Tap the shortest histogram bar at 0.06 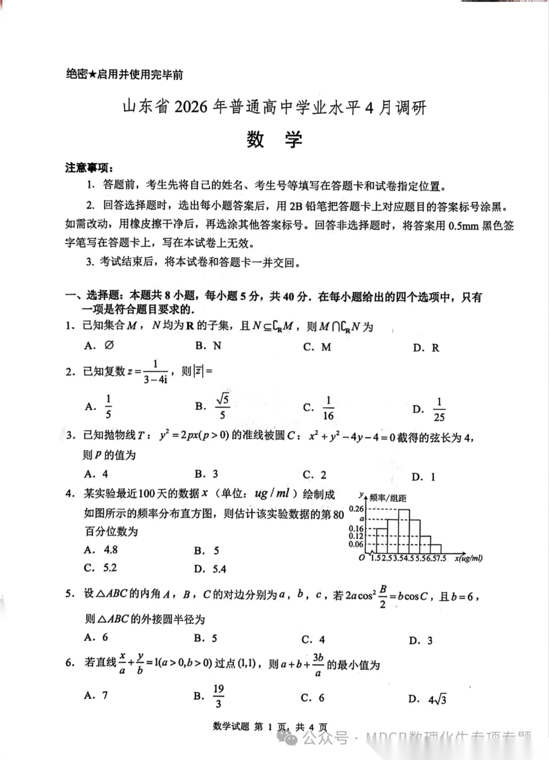pyautogui.click(x=436, y=549)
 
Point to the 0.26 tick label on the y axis pyautogui.click(x=356, y=509)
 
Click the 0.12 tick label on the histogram pyautogui.click(x=356, y=536)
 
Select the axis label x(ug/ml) pyautogui.click(x=468, y=558)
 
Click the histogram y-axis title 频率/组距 pyautogui.click(x=388, y=498)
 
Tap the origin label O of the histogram pyautogui.click(x=362, y=558)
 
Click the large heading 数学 pyautogui.click(x=274, y=139)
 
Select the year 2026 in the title pyautogui.click(x=191, y=107)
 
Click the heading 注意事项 pyautogui.click(x=88, y=167)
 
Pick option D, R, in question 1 pyautogui.click(x=426, y=348)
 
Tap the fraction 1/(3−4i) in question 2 pyautogui.click(x=155, y=372)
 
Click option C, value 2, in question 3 pyautogui.click(x=315, y=474)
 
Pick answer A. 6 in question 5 pyautogui.click(x=97, y=637)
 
